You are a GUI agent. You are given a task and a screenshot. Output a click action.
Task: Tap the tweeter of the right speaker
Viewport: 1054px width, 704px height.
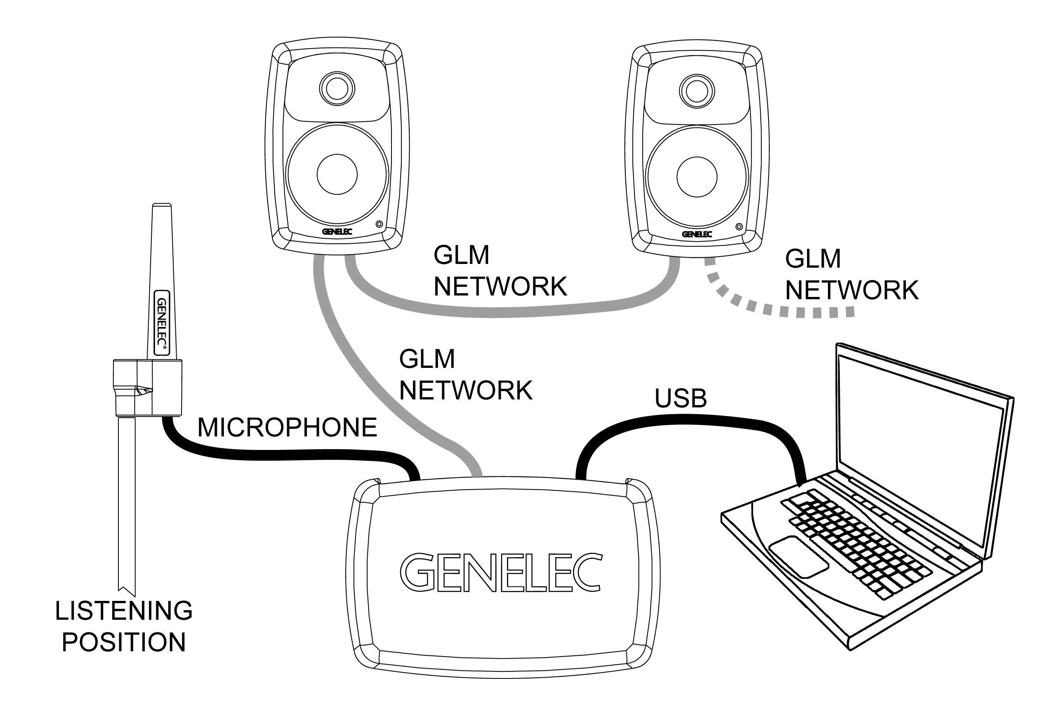pyautogui.click(x=697, y=91)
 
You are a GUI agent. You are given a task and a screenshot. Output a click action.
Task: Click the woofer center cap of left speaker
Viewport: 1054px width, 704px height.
pyautogui.click(x=337, y=174)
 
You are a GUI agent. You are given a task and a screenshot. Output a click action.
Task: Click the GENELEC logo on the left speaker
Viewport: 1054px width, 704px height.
pyautogui.click(x=337, y=232)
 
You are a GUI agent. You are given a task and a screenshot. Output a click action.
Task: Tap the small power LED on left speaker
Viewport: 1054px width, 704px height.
pyautogui.click(x=380, y=224)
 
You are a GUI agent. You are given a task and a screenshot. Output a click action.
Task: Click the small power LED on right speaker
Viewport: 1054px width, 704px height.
pyautogui.click(x=739, y=227)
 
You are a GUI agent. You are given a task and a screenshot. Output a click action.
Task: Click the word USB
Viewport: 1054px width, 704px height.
pyautogui.click(x=680, y=398)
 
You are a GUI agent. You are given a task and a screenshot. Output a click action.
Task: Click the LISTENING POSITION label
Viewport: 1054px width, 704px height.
pyautogui.click(x=123, y=626)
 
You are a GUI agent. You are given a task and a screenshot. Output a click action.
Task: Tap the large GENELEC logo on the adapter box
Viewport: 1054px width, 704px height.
pyautogui.click(x=501, y=572)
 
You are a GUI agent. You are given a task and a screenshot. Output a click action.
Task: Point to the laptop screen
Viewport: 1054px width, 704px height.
pyautogui.click(x=921, y=449)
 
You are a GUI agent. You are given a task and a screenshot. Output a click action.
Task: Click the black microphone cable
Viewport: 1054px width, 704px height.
pyautogui.click(x=288, y=454)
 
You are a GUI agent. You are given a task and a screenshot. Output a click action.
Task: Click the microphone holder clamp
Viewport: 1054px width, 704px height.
pyautogui.click(x=147, y=387)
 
